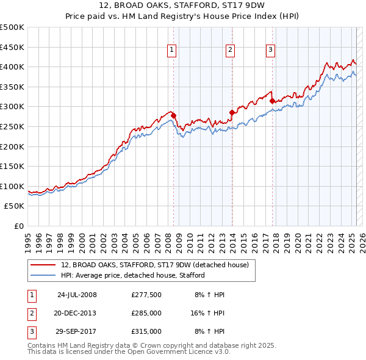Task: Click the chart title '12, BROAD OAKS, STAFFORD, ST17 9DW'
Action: click(183, 7)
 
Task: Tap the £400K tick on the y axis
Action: click(12, 67)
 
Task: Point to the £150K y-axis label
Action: click(12, 166)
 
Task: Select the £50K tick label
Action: click(15, 206)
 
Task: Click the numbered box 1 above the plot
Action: click(172, 51)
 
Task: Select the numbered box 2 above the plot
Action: click(231, 51)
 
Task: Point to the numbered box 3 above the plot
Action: click(271, 51)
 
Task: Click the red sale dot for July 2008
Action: click(173, 115)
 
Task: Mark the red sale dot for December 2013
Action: click(232, 112)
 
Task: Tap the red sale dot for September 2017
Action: click(272, 101)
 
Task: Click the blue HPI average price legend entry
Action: click(132, 275)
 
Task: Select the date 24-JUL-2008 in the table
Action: click(77, 295)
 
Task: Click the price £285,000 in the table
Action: click(146, 313)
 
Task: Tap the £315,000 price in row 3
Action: click(146, 331)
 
